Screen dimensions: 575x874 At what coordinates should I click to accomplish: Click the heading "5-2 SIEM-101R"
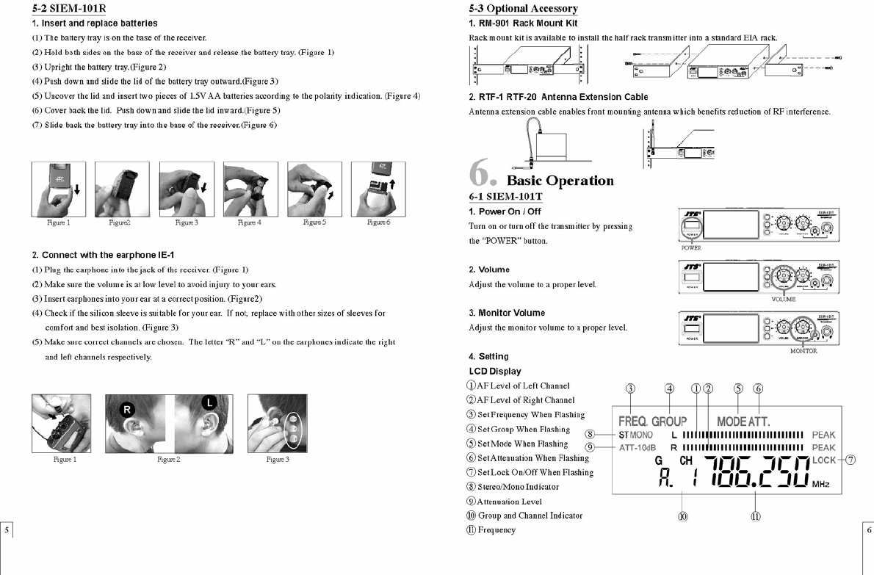tap(69, 9)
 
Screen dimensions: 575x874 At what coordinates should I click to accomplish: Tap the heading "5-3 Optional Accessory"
tap(523, 9)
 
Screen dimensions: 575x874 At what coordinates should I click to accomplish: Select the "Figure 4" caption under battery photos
tap(249, 223)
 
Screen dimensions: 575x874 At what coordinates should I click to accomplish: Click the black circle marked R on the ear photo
tap(127, 410)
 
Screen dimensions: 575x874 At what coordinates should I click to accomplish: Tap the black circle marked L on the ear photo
tap(209, 402)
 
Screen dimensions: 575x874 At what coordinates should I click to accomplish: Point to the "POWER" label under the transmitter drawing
tap(692, 248)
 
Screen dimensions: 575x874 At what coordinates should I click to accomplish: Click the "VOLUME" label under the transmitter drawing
tap(783, 300)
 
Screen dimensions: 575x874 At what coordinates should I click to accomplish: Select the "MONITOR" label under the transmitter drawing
tap(803, 351)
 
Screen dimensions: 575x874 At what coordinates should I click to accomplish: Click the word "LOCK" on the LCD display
tap(825, 460)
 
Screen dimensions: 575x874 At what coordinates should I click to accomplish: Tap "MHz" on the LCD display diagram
tap(821, 485)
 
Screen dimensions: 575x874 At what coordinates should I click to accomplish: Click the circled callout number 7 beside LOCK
tap(850, 460)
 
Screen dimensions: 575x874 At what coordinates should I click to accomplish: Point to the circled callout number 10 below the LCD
tap(683, 516)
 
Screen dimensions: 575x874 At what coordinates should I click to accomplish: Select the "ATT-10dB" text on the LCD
tap(637, 448)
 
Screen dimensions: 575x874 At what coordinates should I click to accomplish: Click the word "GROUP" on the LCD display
tap(669, 422)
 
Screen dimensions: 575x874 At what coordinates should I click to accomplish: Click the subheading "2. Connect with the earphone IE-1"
tap(103, 256)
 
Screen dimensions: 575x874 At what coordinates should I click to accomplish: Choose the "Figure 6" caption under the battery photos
tap(378, 223)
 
